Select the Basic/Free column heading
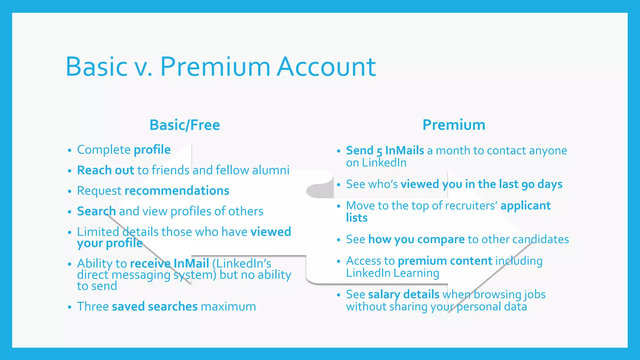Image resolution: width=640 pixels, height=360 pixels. point(185,125)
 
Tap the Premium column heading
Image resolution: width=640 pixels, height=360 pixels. point(454,125)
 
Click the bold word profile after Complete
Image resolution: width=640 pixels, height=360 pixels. point(152,150)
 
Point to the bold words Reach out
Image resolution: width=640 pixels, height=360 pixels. point(105,170)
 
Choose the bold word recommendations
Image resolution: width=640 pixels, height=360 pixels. point(177,191)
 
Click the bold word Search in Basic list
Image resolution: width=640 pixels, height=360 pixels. point(96,211)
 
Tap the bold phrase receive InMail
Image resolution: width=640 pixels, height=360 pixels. point(169,263)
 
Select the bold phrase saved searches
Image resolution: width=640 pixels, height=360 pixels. point(155,307)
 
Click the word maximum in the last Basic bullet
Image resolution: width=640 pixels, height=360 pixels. point(228,307)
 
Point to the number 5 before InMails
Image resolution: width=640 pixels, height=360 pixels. point(379,152)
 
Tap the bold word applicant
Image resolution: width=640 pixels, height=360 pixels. point(525,206)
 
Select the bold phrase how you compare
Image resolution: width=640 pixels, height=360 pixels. point(416,239)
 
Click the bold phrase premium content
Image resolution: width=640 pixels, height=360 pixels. point(445,261)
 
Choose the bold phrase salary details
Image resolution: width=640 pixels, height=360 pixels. point(404,294)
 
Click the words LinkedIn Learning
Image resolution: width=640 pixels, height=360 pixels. point(392,273)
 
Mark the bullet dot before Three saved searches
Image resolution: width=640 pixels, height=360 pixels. point(70,307)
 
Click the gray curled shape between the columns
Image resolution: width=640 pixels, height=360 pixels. point(320,189)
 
